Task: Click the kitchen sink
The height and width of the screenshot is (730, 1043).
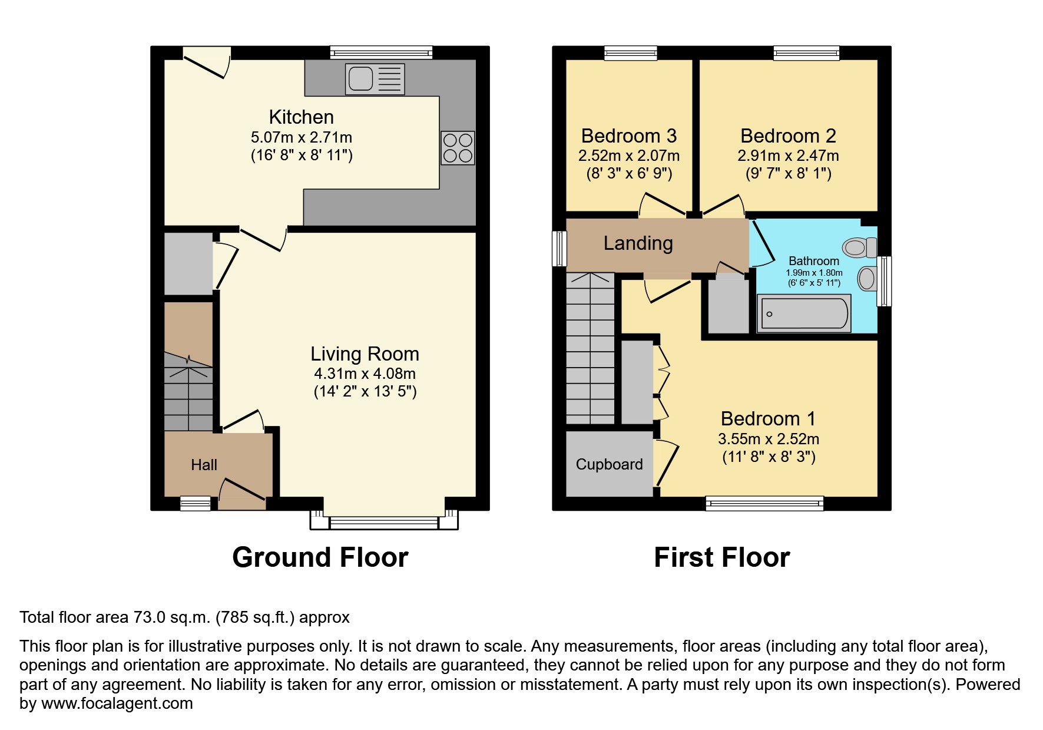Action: coord(375,78)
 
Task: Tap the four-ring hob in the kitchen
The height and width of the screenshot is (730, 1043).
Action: coord(458,148)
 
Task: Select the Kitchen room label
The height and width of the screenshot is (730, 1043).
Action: coord(301,117)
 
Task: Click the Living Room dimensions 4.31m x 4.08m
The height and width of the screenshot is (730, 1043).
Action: coord(365,374)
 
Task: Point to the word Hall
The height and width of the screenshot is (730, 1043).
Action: coord(204,465)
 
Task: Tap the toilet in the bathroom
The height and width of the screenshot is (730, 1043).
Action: coord(859,247)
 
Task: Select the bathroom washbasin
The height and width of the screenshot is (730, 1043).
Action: coord(867,278)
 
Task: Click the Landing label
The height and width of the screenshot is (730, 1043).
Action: coord(638,243)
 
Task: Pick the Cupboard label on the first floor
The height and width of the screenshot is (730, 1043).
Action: coord(609,464)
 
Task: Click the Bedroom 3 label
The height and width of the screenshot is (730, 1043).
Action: coord(628,136)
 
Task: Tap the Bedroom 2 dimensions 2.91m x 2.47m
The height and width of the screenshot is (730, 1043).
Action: coord(788,156)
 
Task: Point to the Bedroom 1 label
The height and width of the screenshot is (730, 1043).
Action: coord(768,419)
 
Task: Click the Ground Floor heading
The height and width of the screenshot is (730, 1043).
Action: coord(320,557)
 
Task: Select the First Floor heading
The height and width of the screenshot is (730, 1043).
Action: coord(721,557)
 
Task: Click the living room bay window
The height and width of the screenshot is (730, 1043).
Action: coord(384,522)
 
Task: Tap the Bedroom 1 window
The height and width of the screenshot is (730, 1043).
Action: coord(764,503)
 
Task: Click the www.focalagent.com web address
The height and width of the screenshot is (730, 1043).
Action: coord(117,703)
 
